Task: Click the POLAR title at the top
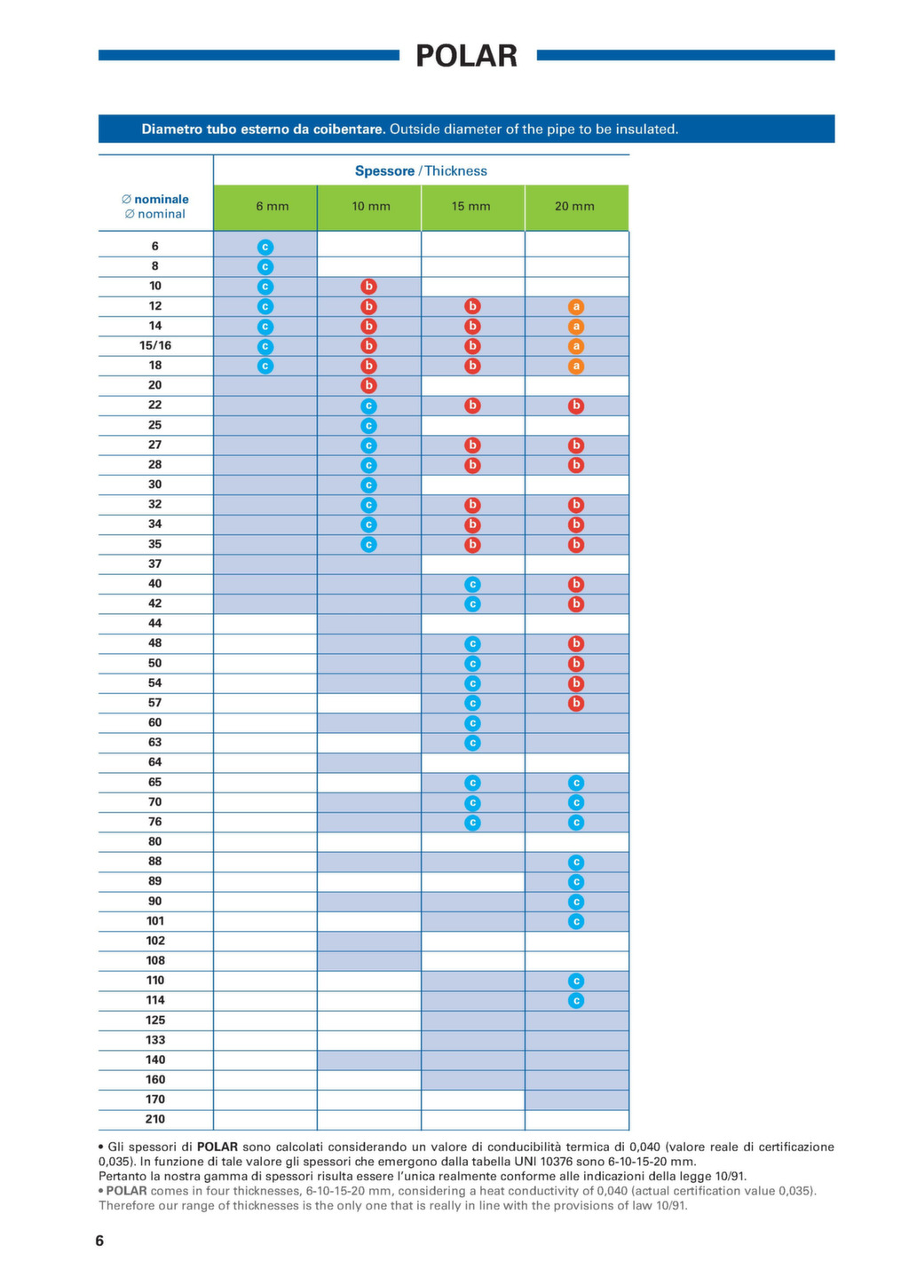click(467, 56)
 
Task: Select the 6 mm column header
click(273, 207)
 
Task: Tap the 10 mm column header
click(371, 207)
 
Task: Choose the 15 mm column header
click(471, 207)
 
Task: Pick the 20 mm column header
click(574, 207)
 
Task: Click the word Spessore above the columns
click(384, 171)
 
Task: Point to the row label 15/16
click(155, 345)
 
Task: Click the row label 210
click(155, 1119)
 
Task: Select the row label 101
click(155, 921)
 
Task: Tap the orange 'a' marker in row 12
click(576, 307)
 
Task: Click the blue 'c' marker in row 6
click(265, 247)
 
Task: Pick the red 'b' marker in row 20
click(369, 385)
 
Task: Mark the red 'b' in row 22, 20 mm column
click(576, 406)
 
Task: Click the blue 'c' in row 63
click(472, 743)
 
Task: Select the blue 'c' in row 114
click(576, 1001)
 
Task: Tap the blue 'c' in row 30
click(369, 485)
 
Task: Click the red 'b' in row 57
click(576, 704)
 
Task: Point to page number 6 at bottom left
click(99, 1241)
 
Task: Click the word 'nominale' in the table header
click(162, 200)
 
